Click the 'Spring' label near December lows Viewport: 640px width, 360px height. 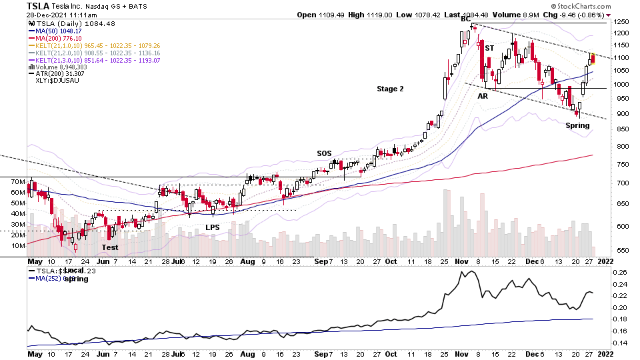578,125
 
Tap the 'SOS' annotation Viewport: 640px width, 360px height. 324,153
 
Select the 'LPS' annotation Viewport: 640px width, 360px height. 213,227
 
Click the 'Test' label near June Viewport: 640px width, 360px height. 110,247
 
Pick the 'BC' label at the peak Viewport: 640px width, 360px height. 465,18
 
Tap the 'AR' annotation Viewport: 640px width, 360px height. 483,97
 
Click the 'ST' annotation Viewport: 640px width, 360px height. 489,49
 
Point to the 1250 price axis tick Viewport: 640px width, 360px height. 621,23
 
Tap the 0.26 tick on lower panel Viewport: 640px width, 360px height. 620,272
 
